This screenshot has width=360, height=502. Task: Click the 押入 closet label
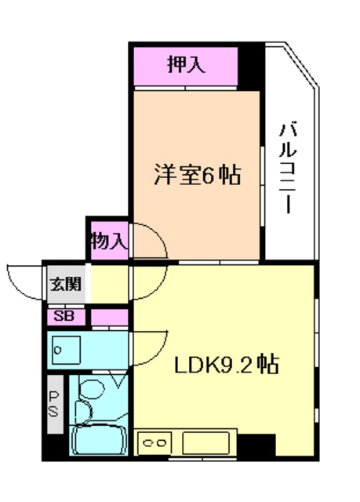pyautogui.click(x=186, y=64)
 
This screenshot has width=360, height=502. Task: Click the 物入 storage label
pyautogui.click(x=107, y=240)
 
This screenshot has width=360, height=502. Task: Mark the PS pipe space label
pyautogui.click(x=55, y=403)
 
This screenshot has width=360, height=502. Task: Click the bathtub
pyautogui.click(x=100, y=438)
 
